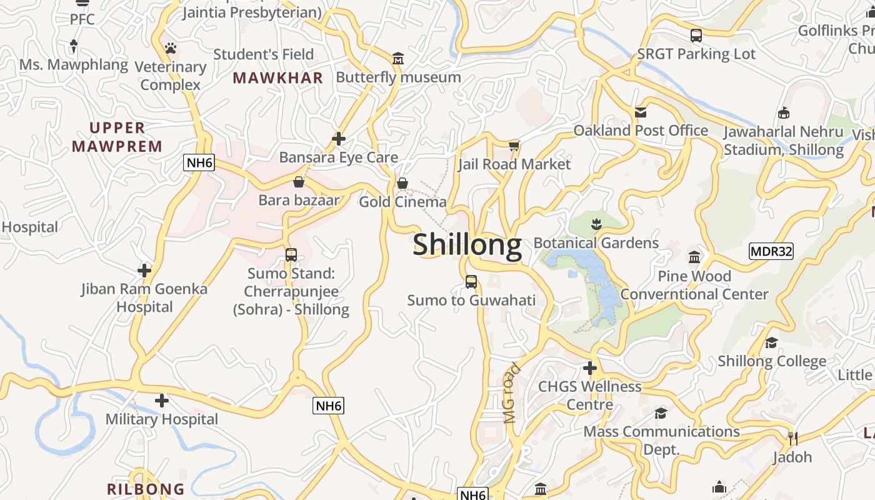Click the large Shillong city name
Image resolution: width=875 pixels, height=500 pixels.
tap(467, 244)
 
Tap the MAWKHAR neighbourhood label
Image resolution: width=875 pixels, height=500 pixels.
tap(277, 78)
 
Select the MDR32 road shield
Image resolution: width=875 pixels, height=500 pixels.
tap(771, 251)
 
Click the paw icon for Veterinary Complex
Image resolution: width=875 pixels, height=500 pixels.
tap(171, 48)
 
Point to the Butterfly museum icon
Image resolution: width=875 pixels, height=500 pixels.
tap(398, 59)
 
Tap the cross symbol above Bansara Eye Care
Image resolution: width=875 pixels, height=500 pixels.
tap(339, 138)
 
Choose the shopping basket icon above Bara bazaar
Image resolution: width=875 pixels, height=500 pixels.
tap(299, 182)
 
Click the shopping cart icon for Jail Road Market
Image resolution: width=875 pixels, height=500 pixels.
tap(514, 146)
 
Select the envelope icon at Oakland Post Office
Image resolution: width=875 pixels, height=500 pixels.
tap(641, 112)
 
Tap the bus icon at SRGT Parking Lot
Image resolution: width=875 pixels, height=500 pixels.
tap(696, 36)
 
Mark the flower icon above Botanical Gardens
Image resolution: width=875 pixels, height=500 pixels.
tap(596, 224)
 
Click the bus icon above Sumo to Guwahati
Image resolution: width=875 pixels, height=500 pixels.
tap(471, 282)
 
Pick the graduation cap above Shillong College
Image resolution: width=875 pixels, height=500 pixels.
tap(771, 342)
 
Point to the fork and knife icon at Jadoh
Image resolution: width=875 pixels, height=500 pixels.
tap(792, 438)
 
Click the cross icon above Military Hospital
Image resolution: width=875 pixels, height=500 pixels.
tap(162, 400)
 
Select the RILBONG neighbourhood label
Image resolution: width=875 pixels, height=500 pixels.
tap(146, 489)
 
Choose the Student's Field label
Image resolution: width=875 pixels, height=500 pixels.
tap(263, 54)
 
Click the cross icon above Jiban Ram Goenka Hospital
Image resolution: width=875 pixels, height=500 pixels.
tap(144, 271)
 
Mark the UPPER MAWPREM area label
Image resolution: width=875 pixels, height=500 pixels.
tap(117, 137)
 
